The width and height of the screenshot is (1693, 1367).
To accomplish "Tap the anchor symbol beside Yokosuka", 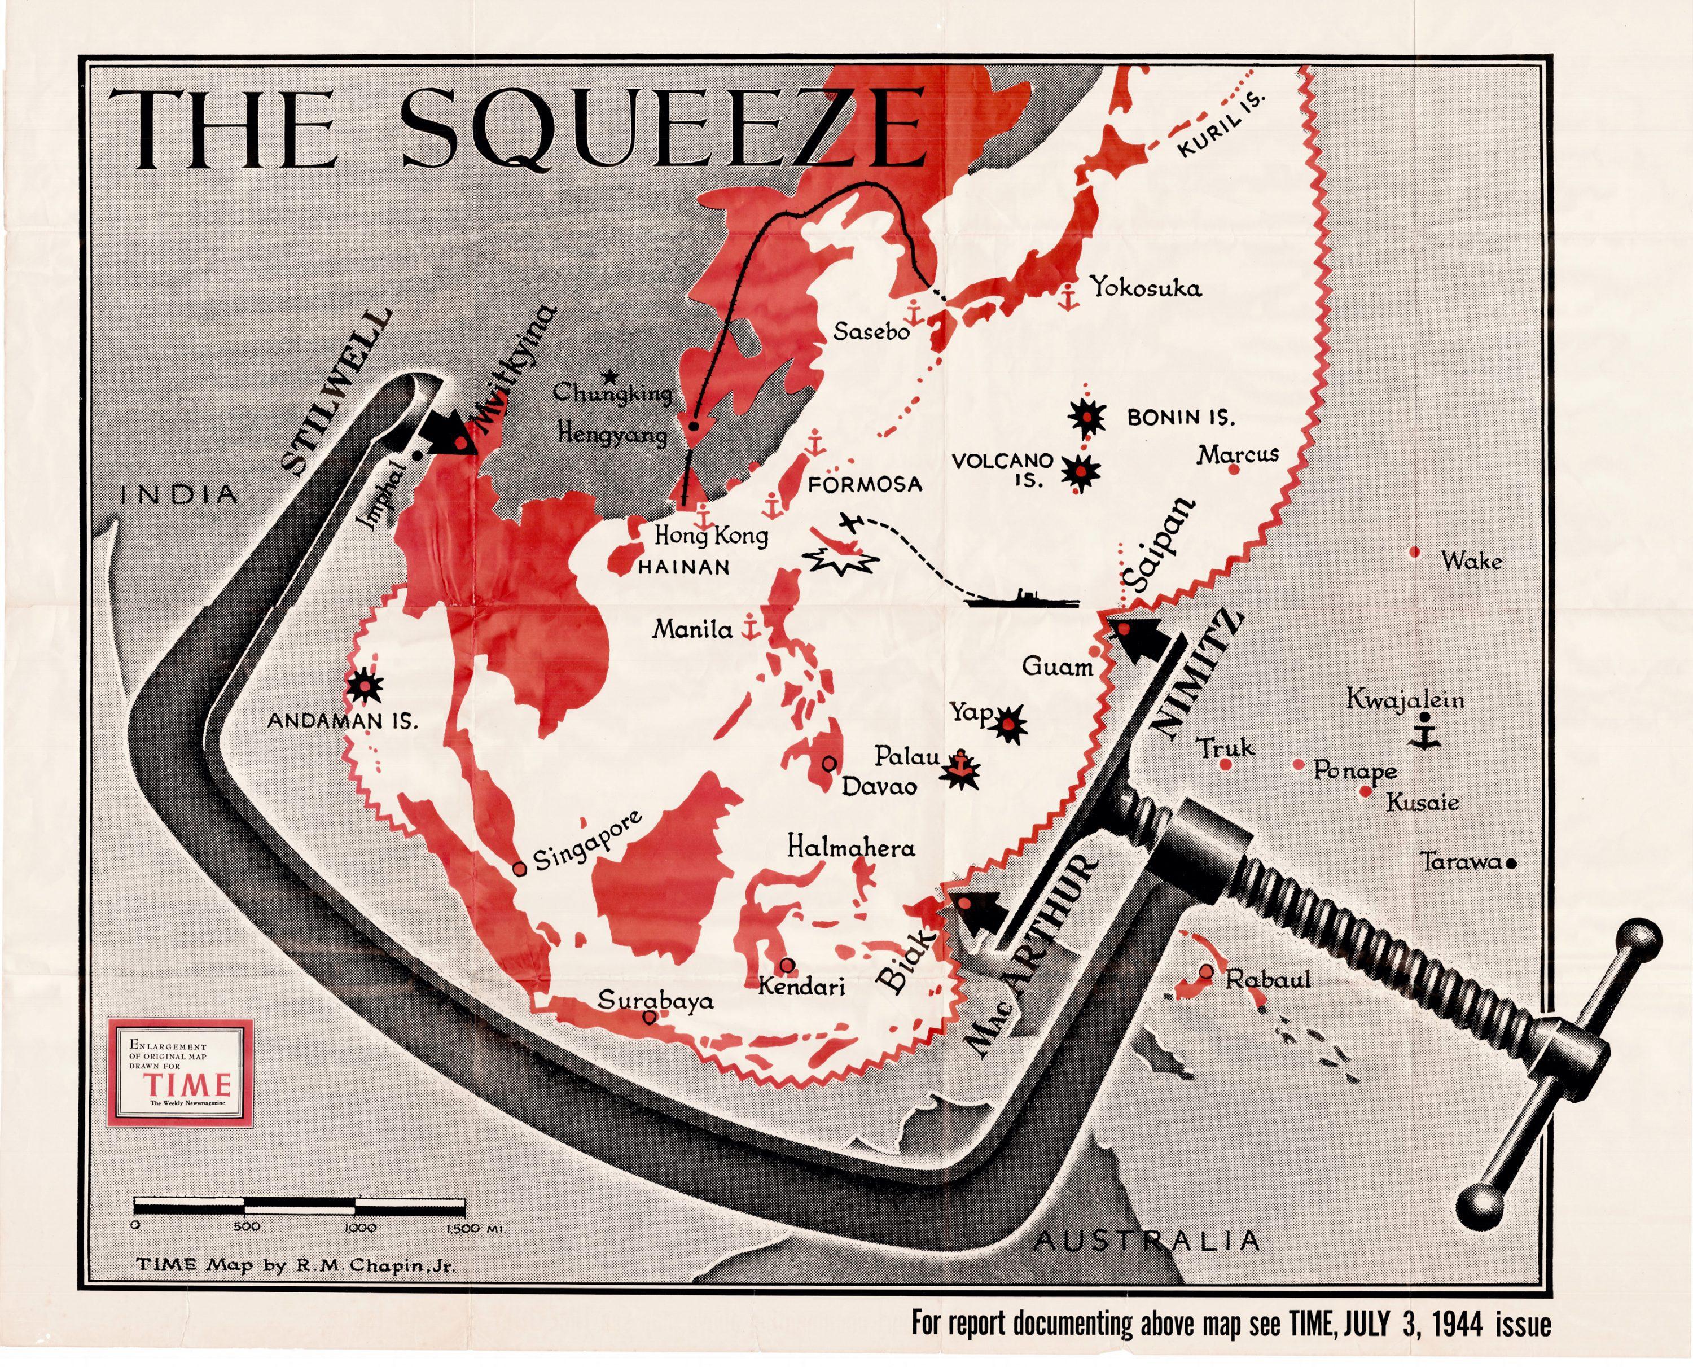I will point(1068,296).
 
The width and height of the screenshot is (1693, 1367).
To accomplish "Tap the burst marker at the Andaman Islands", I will point(365,686).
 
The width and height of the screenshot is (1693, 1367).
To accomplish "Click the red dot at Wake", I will point(1414,553).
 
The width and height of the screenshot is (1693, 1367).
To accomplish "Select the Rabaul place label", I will point(1268,980).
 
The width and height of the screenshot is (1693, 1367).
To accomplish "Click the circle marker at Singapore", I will point(520,869).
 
